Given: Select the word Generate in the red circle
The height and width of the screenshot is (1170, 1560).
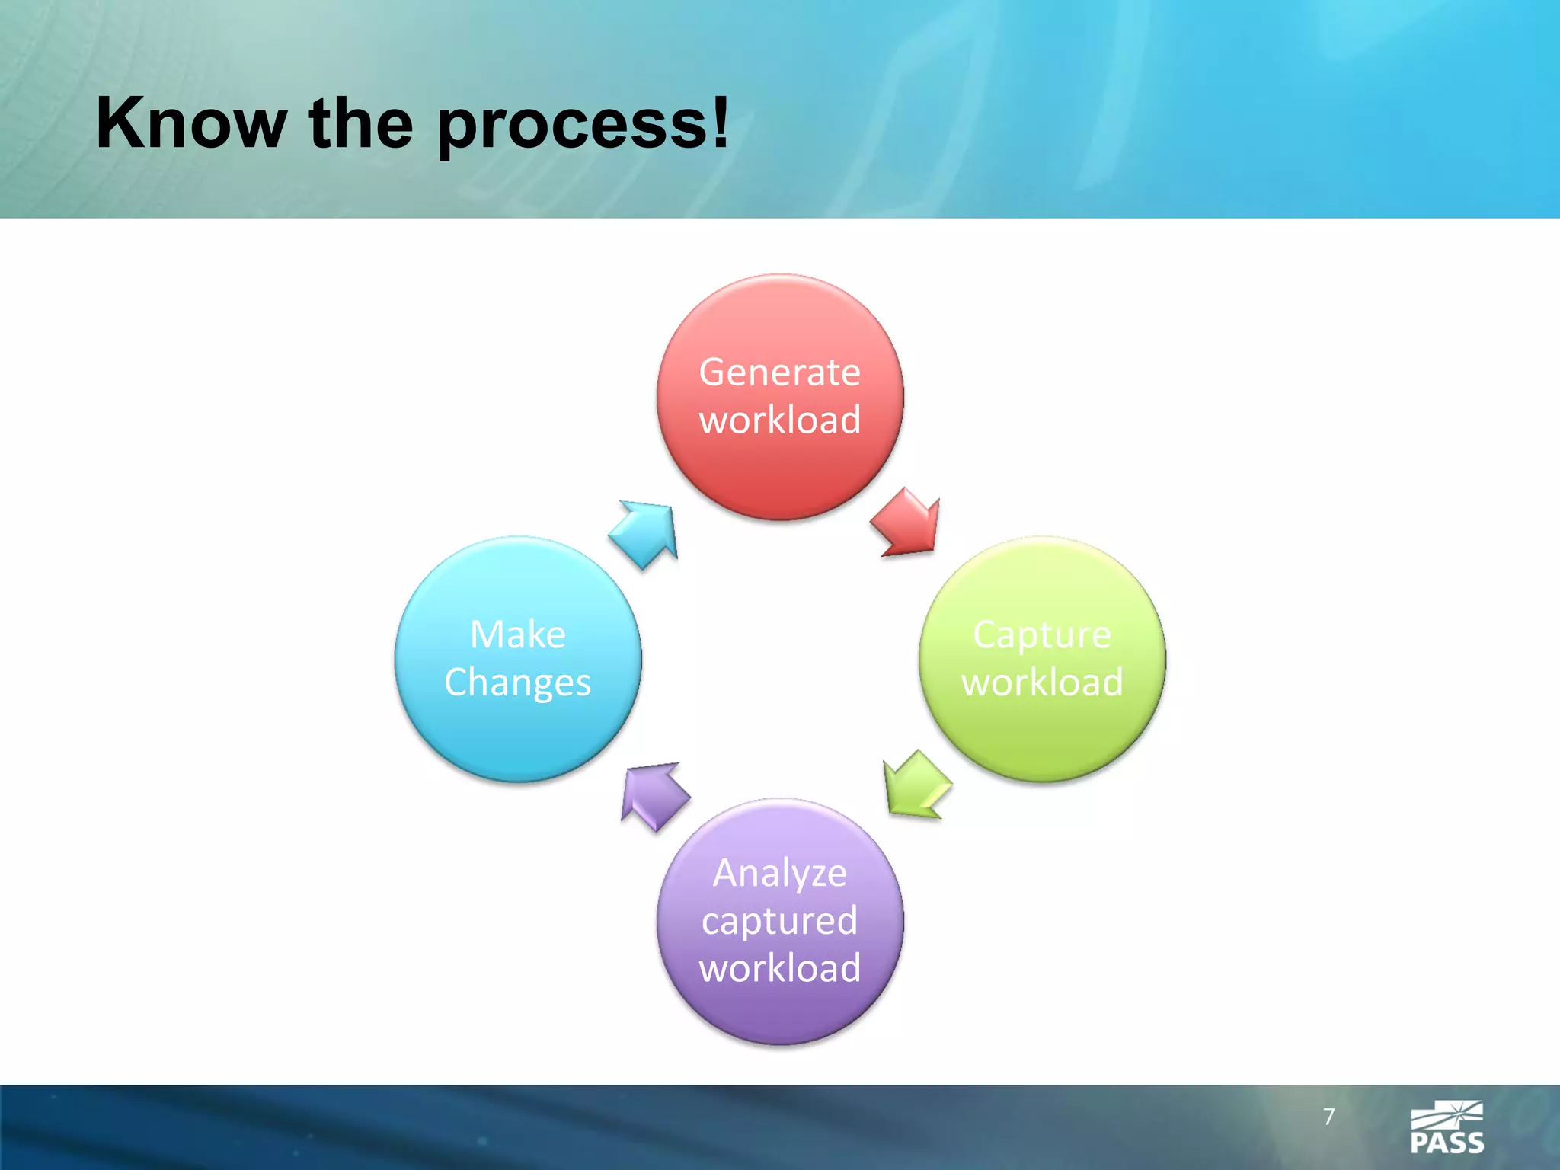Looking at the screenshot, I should [x=780, y=373].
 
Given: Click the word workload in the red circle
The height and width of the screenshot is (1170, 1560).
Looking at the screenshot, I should [x=780, y=420].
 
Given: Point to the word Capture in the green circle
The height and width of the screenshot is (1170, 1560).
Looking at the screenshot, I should [x=1042, y=635].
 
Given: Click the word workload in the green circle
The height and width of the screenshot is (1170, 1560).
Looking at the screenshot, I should [x=1042, y=682].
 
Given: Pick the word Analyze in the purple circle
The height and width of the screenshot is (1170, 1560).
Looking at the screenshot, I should [x=780, y=874].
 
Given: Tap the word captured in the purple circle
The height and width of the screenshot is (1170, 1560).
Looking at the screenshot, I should [x=780, y=922].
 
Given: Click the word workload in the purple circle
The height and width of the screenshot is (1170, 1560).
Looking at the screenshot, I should [x=780, y=968].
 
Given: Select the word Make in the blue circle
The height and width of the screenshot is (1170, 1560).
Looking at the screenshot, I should [x=518, y=635].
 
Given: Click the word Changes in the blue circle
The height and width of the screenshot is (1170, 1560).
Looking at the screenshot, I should [x=518, y=682].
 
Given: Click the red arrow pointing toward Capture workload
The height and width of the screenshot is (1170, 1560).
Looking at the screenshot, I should [x=907, y=523].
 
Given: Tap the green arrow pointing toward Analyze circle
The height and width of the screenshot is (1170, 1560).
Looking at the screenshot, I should [x=916, y=785].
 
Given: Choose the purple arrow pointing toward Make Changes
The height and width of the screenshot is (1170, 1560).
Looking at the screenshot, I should [x=654, y=795].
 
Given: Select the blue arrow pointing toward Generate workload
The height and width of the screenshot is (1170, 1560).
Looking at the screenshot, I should [x=646, y=534].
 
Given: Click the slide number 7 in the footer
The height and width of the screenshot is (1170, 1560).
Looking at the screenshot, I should [x=1329, y=1117].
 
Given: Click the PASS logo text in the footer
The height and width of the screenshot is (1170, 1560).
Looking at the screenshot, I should [x=1447, y=1143].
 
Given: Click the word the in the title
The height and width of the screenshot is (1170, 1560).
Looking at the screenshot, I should [x=361, y=124].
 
